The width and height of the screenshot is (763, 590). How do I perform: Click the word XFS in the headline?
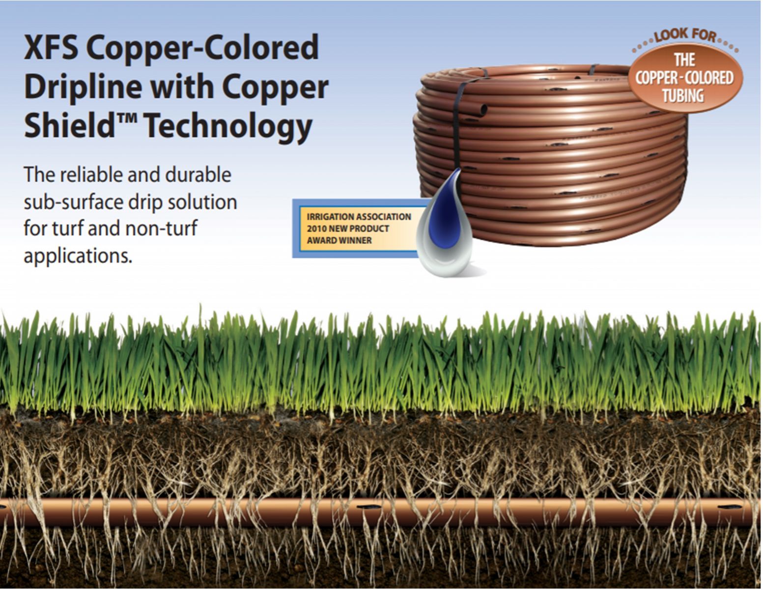coord(51,47)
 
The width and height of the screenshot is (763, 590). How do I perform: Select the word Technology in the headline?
coord(228,127)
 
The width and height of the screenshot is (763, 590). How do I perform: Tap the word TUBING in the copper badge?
coord(683,96)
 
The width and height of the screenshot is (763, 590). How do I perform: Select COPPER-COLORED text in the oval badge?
coord(684,78)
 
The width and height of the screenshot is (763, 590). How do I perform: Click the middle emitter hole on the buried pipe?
coord(368,507)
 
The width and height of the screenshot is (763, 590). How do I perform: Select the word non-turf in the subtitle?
coord(161,229)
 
